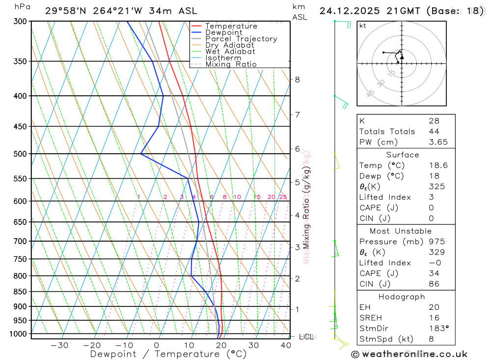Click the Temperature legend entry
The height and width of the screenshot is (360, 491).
tap(231, 26)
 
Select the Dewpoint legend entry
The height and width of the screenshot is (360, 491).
tap(223, 32)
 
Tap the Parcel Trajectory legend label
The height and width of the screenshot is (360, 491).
tap(241, 39)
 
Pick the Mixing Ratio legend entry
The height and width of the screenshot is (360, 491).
tap(231, 64)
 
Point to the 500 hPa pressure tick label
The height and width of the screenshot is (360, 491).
tap(20, 154)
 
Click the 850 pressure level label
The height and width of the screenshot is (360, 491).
tap(20, 292)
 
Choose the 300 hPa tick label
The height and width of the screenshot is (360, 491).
tap(20, 22)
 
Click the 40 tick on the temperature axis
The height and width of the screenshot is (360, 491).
tap(285, 345)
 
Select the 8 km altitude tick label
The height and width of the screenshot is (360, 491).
tap(297, 80)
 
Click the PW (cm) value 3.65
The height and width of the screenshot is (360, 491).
tap(434, 142)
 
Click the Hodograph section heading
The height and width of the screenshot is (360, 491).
tap(402, 297)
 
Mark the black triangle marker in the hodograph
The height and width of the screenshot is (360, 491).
tap(402, 57)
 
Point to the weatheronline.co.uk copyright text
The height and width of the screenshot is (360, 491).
tap(409, 354)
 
